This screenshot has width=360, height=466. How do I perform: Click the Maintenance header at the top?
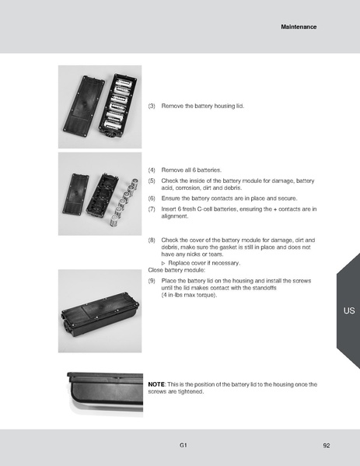299,27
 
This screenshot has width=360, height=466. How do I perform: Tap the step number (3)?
152,105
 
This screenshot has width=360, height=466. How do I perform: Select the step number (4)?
152,170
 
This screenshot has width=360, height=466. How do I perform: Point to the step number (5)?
152,180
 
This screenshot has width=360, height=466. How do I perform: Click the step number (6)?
152,198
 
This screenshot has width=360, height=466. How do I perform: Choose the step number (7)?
152,209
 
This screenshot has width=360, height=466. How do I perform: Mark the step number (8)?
152,241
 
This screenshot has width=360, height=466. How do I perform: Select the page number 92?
327,446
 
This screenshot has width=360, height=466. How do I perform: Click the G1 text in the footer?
183,446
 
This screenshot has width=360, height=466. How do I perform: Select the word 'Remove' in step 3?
172,105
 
